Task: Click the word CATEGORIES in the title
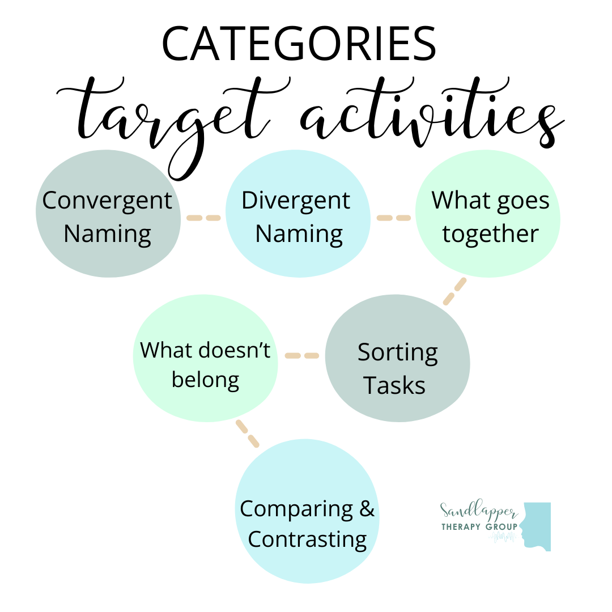pyautogui.click(x=299, y=44)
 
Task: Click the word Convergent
pyautogui.click(x=107, y=200)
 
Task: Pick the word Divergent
pyautogui.click(x=296, y=200)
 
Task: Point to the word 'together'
pyautogui.click(x=490, y=233)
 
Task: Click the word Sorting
pyautogui.click(x=397, y=352)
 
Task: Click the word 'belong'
pyautogui.click(x=205, y=380)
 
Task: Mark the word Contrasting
pyautogui.click(x=307, y=539)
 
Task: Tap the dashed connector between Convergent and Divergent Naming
pyautogui.click(x=203, y=218)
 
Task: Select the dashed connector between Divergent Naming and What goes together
pyautogui.click(x=393, y=218)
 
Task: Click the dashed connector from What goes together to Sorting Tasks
pyautogui.click(x=454, y=291)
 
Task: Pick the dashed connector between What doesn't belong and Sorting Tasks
pyautogui.click(x=301, y=356)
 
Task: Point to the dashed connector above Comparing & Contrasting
pyautogui.click(x=247, y=433)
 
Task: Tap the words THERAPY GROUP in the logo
pyautogui.click(x=479, y=527)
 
